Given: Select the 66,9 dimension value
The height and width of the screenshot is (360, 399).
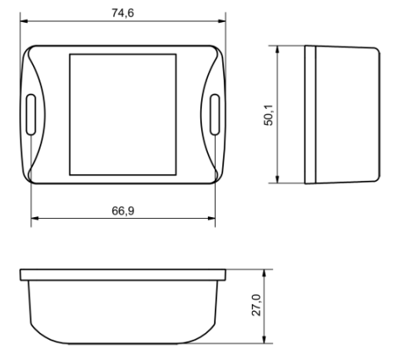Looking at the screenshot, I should [x=123, y=210].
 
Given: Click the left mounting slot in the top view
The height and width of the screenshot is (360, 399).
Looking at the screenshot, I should [x=31, y=112].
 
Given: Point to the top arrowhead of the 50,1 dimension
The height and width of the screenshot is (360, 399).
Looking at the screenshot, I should [x=279, y=49].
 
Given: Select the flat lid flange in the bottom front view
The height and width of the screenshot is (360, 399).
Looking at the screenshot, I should [x=123, y=275].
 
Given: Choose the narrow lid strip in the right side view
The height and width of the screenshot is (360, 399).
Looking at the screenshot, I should [x=309, y=114].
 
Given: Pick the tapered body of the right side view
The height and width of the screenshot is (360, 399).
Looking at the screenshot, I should [x=347, y=114].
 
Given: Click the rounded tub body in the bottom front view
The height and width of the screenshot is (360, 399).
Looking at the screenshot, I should [x=123, y=311].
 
